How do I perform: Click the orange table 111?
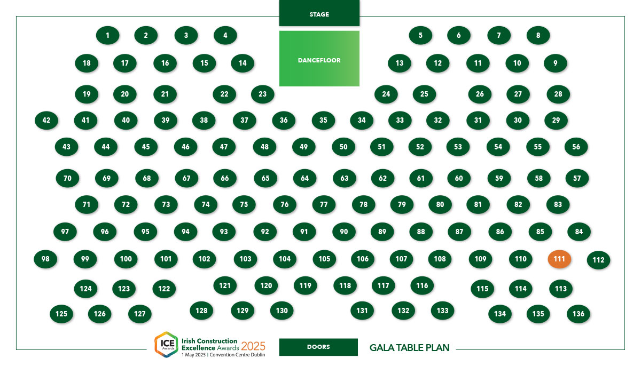[x=559, y=259]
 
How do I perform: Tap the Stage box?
[x=319, y=13]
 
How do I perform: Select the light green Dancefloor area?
[x=319, y=59]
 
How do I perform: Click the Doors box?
[x=318, y=347]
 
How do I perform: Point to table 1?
[x=107, y=35]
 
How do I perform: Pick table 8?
[x=538, y=35]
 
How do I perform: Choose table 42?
[x=46, y=120]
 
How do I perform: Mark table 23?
[x=262, y=94]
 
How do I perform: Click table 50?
[x=343, y=147]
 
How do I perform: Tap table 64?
[x=305, y=178]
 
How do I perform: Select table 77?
[x=324, y=204]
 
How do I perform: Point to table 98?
[x=45, y=259]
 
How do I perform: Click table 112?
[x=598, y=260]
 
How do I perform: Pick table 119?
[x=306, y=285]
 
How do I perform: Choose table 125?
[x=61, y=314]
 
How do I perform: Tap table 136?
[x=579, y=314]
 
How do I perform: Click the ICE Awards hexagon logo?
[x=166, y=345]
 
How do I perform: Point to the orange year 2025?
[x=253, y=346]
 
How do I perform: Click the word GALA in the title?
[x=382, y=348]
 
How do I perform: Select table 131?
[x=362, y=311]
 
